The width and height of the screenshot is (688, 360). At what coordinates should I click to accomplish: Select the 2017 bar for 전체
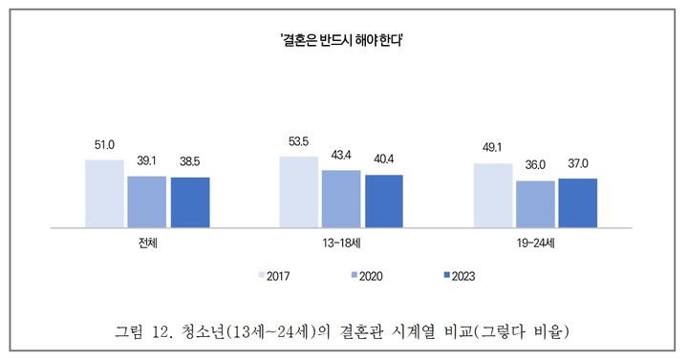pyautogui.click(x=104, y=194)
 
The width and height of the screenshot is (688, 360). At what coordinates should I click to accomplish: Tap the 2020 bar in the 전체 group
pyautogui.click(x=146, y=202)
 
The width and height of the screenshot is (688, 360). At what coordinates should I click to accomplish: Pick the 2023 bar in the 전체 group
pyautogui.click(x=189, y=202)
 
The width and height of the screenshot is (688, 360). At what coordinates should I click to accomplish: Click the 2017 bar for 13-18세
pyautogui.click(x=298, y=192)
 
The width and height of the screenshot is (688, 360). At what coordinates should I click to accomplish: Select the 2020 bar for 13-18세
pyautogui.click(x=341, y=200)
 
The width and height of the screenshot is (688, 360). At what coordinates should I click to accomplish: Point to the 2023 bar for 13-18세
pyautogui.click(x=383, y=201)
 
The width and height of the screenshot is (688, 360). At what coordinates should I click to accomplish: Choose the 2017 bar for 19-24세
pyautogui.click(x=493, y=196)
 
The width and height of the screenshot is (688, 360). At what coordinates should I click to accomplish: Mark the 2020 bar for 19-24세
pyautogui.click(x=535, y=204)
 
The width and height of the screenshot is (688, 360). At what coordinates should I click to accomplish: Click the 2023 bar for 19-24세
pyautogui.click(x=577, y=203)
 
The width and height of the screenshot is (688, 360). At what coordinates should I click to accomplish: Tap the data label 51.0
pyautogui.click(x=104, y=145)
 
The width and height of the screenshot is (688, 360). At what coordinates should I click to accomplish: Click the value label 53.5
pyautogui.click(x=299, y=141)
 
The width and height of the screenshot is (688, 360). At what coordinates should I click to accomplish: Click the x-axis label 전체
pyautogui.click(x=147, y=244)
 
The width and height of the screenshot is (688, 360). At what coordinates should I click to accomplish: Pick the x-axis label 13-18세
pyautogui.click(x=341, y=244)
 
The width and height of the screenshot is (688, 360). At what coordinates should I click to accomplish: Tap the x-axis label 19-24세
pyautogui.click(x=535, y=244)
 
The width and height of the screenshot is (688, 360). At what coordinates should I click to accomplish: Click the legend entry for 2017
pyautogui.click(x=275, y=276)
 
